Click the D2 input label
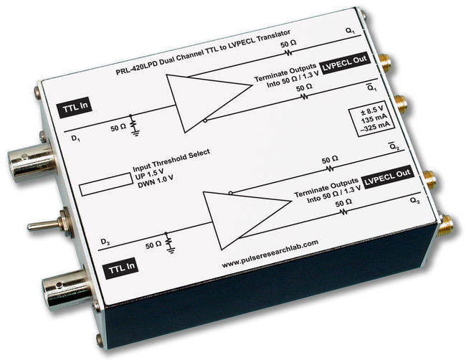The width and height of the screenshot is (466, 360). tap(105, 240)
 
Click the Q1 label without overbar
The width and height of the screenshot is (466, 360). tap(349, 31)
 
